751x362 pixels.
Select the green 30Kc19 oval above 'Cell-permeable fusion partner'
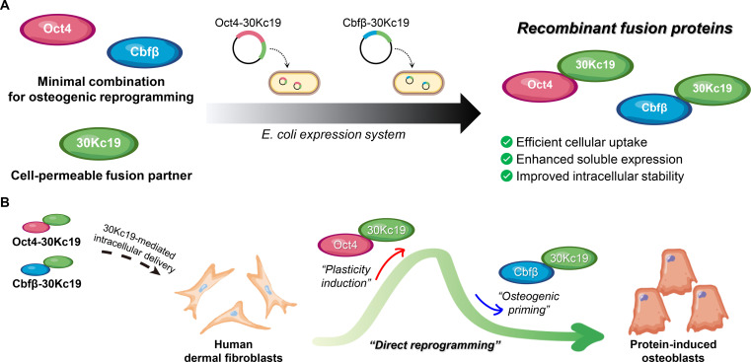pyautogui.click(x=98, y=143)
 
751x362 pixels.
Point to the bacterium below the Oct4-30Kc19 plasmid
pyautogui.click(x=292, y=83)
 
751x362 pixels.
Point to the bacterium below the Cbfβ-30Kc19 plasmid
pyautogui.click(x=418, y=83)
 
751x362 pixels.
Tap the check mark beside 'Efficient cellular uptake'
pyautogui.click(x=505, y=142)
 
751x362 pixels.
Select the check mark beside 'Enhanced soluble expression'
pyautogui.click(x=505, y=159)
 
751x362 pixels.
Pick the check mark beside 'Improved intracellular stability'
pyautogui.click(x=505, y=176)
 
